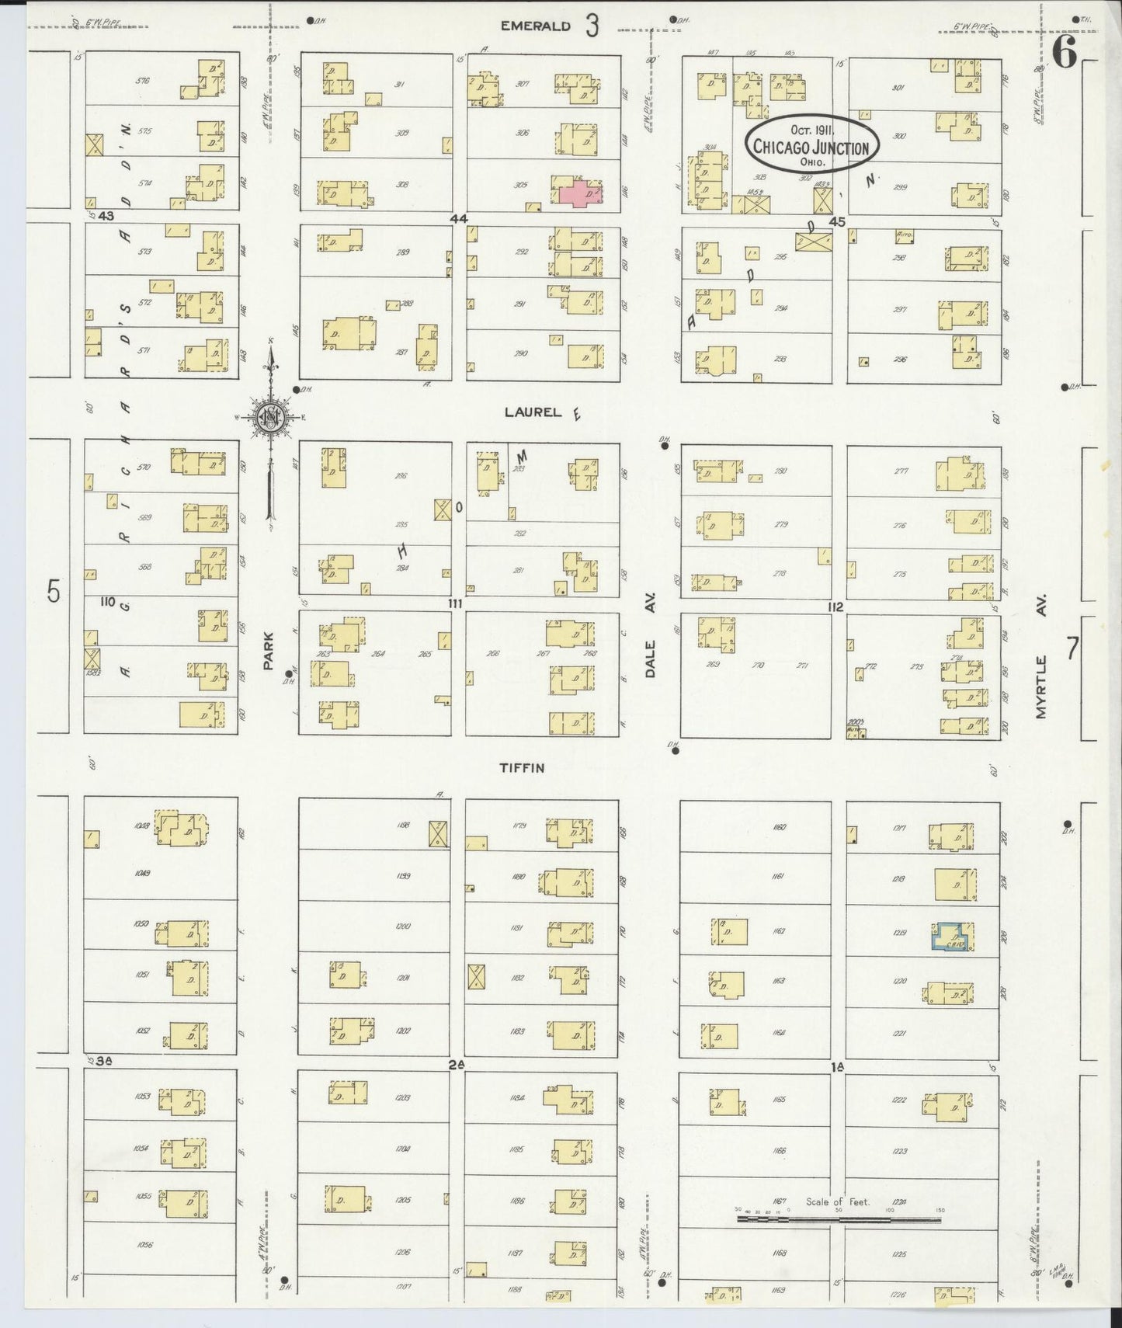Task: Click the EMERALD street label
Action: pos(536,26)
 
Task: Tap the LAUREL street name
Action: pos(533,412)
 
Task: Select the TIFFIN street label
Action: pos(522,768)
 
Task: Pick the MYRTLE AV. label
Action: pos(1041,666)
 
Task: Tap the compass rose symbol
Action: pos(271,417)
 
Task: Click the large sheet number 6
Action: pos(1065,54)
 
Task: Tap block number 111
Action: pos(455,603)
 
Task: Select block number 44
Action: pos(458,219)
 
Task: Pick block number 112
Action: pos(835,607)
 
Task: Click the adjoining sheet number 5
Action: pos(52,592)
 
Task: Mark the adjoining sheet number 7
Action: pos(1072,647)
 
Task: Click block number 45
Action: pos(835,221)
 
